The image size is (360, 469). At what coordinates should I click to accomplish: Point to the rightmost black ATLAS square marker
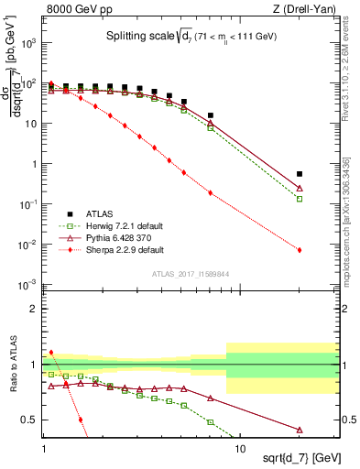coord(300,174)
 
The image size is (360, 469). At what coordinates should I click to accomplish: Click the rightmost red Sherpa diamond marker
coord(300,249)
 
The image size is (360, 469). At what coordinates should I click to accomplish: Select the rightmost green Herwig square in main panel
coord(300,199)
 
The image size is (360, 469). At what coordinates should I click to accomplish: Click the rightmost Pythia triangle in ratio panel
coord(300,429)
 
